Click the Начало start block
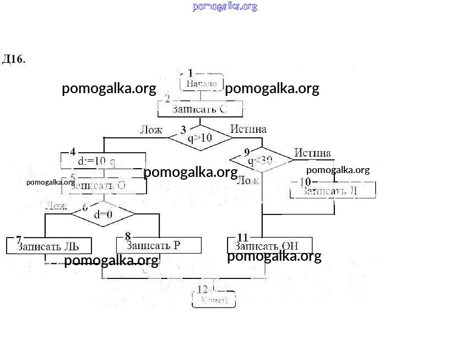[202, 83]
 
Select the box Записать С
[200, 109]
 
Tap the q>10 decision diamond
[200, 138]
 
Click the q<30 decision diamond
[261, 160]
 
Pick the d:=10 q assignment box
[102, 162]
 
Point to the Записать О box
[102, 186]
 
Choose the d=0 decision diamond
[103, 214]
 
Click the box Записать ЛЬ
[48, 246]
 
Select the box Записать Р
[159, 245]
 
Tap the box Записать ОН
[270, 245]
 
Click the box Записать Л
[333, 190]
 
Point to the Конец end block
[214, 299]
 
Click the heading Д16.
[14, 59]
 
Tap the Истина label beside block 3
[248, 129]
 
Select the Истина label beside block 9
[312, 153]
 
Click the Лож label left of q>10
[151, 130]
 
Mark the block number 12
[203, 289]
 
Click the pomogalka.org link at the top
[225, 7]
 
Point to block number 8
[128, 237]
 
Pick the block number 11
[242, 238]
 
